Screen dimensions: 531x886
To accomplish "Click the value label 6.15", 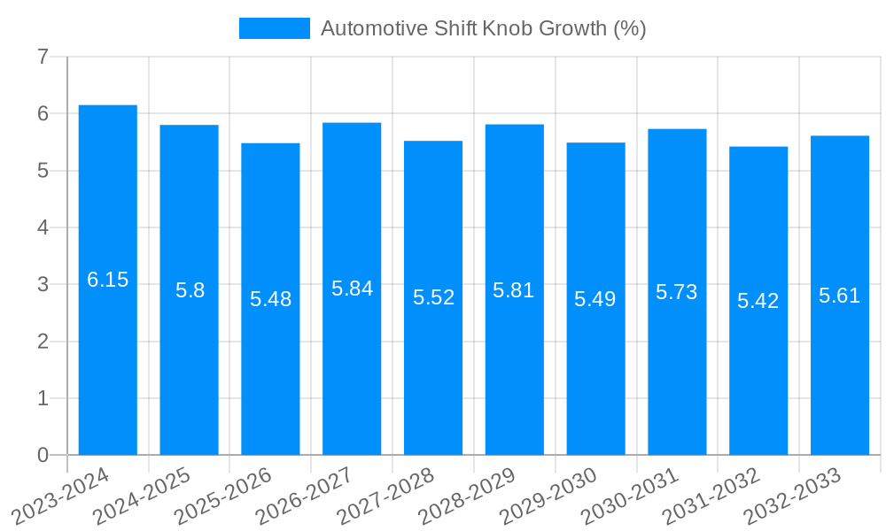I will [x=108, y=281].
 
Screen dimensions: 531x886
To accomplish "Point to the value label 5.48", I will [x=270, y=299].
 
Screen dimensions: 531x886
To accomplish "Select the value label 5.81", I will [x=514, y=290].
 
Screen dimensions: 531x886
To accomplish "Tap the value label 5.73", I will [x=677, y=292].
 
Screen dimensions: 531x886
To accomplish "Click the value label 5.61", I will [x=840, y=296].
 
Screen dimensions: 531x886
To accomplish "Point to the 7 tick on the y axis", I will [x=43, y=57].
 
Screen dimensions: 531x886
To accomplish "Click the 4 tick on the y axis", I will [x=43, y=227].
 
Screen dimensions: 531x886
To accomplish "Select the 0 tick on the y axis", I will [x=43, y=456].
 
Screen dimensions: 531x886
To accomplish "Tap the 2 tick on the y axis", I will [x=43, y=342].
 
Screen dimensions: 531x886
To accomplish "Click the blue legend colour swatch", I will [x=275, y=28].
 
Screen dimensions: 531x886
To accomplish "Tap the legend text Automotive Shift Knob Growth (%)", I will [x=483, y=28].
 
